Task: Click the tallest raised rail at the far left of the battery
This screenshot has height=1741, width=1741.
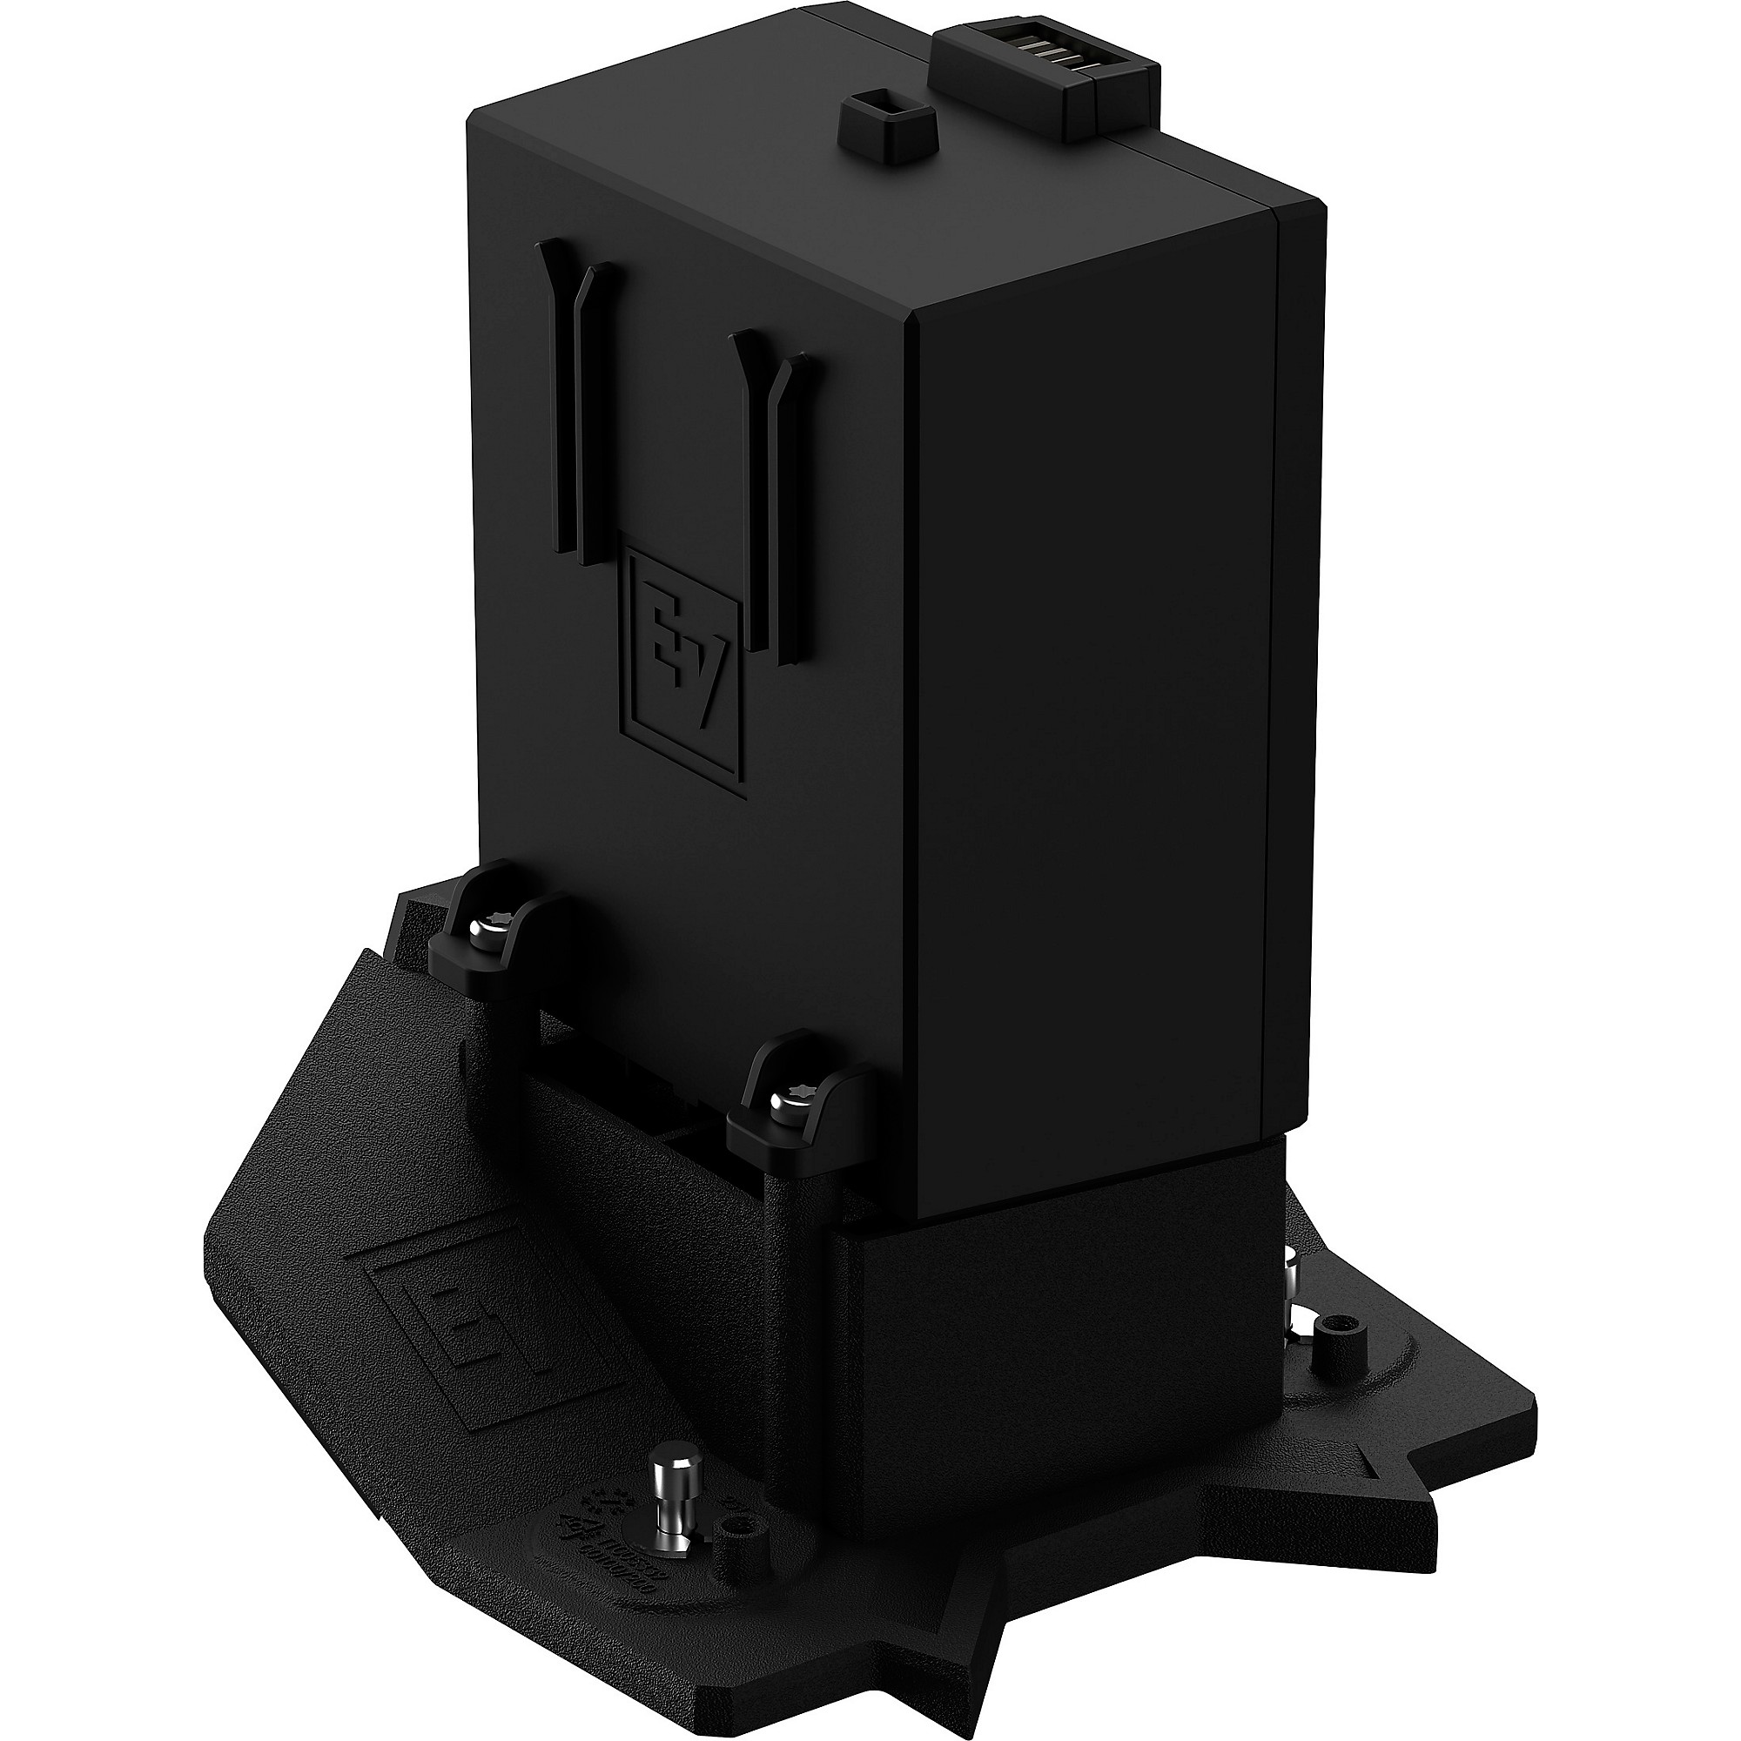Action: pyautogui.click(x=561, y=396)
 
